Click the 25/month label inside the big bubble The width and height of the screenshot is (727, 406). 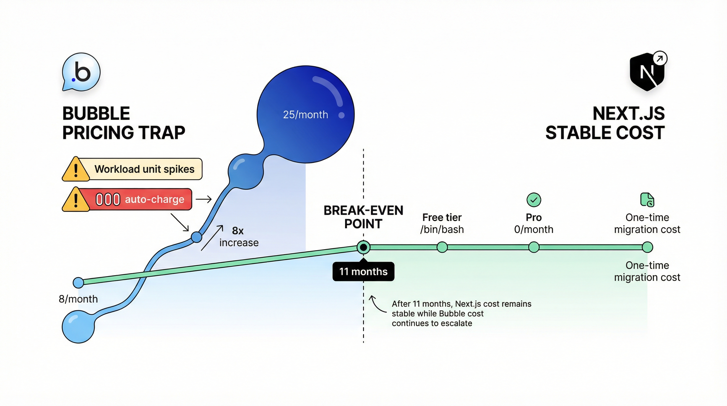tap(305, 115)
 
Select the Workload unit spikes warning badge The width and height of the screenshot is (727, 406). tap(132, 169)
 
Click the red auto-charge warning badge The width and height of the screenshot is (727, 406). tap(127, 199)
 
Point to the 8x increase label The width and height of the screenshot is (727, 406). tap(239, 237)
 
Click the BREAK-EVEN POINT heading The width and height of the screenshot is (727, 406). tap(363, 217)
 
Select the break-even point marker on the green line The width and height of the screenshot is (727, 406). tap(363, 247)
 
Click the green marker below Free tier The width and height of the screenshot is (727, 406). tap(442, 247)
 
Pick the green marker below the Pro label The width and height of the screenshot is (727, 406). tap(534, 247)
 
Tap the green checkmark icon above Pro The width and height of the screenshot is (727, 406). tap(534, 200)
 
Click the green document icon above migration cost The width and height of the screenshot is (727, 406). tap(647, 200)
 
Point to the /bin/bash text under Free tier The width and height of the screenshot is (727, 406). tap(442, 229)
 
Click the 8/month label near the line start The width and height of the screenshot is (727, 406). tap(78, 299)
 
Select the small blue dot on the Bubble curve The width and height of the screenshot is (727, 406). tap(197, 237)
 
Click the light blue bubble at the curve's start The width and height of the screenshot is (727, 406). tap(78, 327)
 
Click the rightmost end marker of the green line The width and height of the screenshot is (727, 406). tap(647, 247)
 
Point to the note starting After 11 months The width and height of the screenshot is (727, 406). tap(461, 313)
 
